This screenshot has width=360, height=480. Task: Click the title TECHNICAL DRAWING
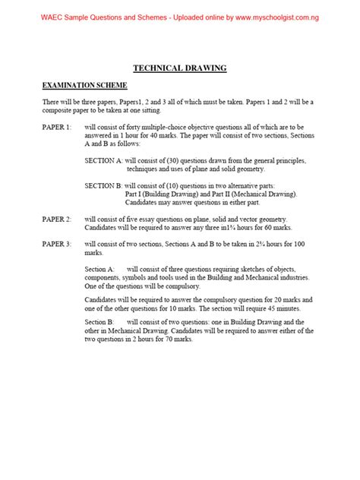coord(180,68)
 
